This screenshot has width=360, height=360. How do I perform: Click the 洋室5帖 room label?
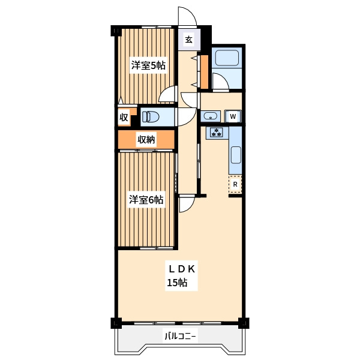148,65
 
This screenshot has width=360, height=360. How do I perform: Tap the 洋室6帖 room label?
146,200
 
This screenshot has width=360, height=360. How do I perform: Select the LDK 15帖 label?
181,275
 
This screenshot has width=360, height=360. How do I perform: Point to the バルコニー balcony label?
180,337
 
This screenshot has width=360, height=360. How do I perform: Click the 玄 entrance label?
189,40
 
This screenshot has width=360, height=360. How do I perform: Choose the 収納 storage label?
146,139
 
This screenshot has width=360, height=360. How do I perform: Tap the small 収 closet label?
124,118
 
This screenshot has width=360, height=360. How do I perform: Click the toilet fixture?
151,116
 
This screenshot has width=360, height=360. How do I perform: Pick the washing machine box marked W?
233,116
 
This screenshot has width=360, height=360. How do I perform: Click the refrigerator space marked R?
235,184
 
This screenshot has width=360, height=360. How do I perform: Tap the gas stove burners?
216,132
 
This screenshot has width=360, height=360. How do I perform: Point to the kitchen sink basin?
236,155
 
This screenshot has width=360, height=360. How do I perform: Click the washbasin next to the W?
211,116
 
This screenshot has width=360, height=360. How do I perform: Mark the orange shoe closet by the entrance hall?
205,71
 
